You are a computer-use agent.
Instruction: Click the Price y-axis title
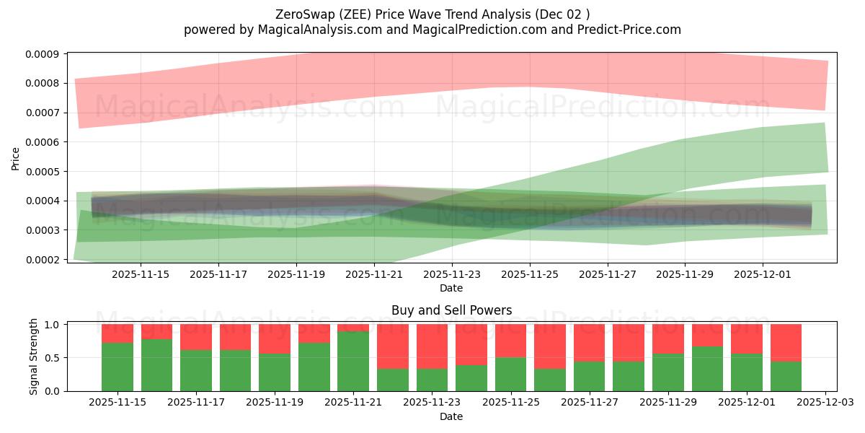coord(16,158)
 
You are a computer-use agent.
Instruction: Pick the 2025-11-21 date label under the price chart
coord(373,274)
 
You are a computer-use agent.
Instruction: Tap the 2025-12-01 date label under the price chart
coord(763,274)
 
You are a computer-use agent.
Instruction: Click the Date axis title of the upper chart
coord(451,288)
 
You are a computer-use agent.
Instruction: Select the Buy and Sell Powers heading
coord(451,310)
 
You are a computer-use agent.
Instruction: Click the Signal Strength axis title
coord(33,357)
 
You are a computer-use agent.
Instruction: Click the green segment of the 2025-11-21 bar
coord(353,361)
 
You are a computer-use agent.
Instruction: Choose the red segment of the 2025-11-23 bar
coord(432,346)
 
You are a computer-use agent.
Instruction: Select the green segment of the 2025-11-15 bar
coord(117,367)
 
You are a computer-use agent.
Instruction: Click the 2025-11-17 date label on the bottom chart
coord(196,402)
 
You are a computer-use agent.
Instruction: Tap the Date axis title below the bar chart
coord(451,416)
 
